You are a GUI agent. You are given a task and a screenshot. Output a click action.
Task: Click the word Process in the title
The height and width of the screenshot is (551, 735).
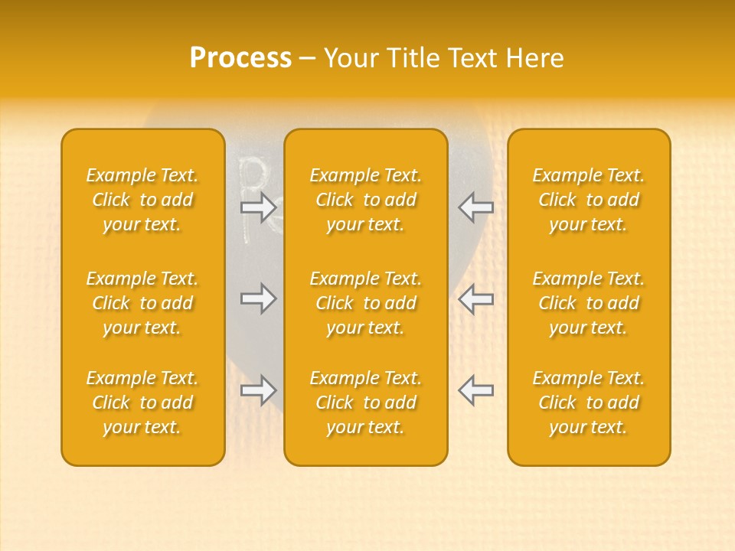coord(240,58)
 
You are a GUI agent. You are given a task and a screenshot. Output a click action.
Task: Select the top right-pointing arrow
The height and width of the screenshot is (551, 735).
coord(259,207)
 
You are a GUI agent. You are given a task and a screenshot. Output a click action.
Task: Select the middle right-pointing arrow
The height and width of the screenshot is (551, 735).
coord(259,298)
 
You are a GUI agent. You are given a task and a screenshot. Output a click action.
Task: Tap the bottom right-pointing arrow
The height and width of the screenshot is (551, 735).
coord(259,390)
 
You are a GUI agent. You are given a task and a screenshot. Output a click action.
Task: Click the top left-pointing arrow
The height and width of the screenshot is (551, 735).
coord(475,207)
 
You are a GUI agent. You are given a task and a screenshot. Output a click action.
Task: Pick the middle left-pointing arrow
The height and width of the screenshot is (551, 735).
coord(475,298)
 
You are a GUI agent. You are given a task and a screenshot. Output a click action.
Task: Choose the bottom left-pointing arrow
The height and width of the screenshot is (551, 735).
coord(475,390)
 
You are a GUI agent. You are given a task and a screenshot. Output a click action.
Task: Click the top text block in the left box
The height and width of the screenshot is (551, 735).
coord(142,200)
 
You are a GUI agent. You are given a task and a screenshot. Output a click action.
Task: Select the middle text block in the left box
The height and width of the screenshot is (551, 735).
coord(142,303)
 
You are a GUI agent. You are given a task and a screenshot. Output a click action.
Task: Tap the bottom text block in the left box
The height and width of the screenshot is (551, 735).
coord(142,403)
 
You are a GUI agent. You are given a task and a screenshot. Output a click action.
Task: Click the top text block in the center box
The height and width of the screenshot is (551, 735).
coord(366,200)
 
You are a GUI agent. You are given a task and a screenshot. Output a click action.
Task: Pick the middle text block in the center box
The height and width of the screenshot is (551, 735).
coord(366,303)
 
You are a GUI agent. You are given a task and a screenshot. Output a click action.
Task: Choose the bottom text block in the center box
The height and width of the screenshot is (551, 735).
coord(366,403)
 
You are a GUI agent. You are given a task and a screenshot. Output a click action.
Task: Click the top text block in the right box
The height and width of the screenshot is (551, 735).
coord(589,200)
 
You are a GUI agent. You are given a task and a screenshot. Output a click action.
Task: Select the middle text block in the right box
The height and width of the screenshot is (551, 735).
coord(589,303)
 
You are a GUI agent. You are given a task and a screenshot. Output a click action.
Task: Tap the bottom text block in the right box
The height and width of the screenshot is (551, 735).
coord(589,403)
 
